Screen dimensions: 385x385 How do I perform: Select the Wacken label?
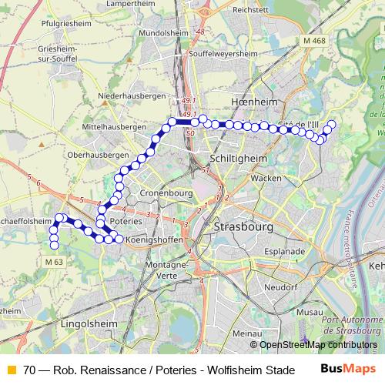[x=266, y=178]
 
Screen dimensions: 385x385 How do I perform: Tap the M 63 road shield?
[x=53, y=263]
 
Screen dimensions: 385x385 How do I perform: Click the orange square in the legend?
[x=11, y=370]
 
